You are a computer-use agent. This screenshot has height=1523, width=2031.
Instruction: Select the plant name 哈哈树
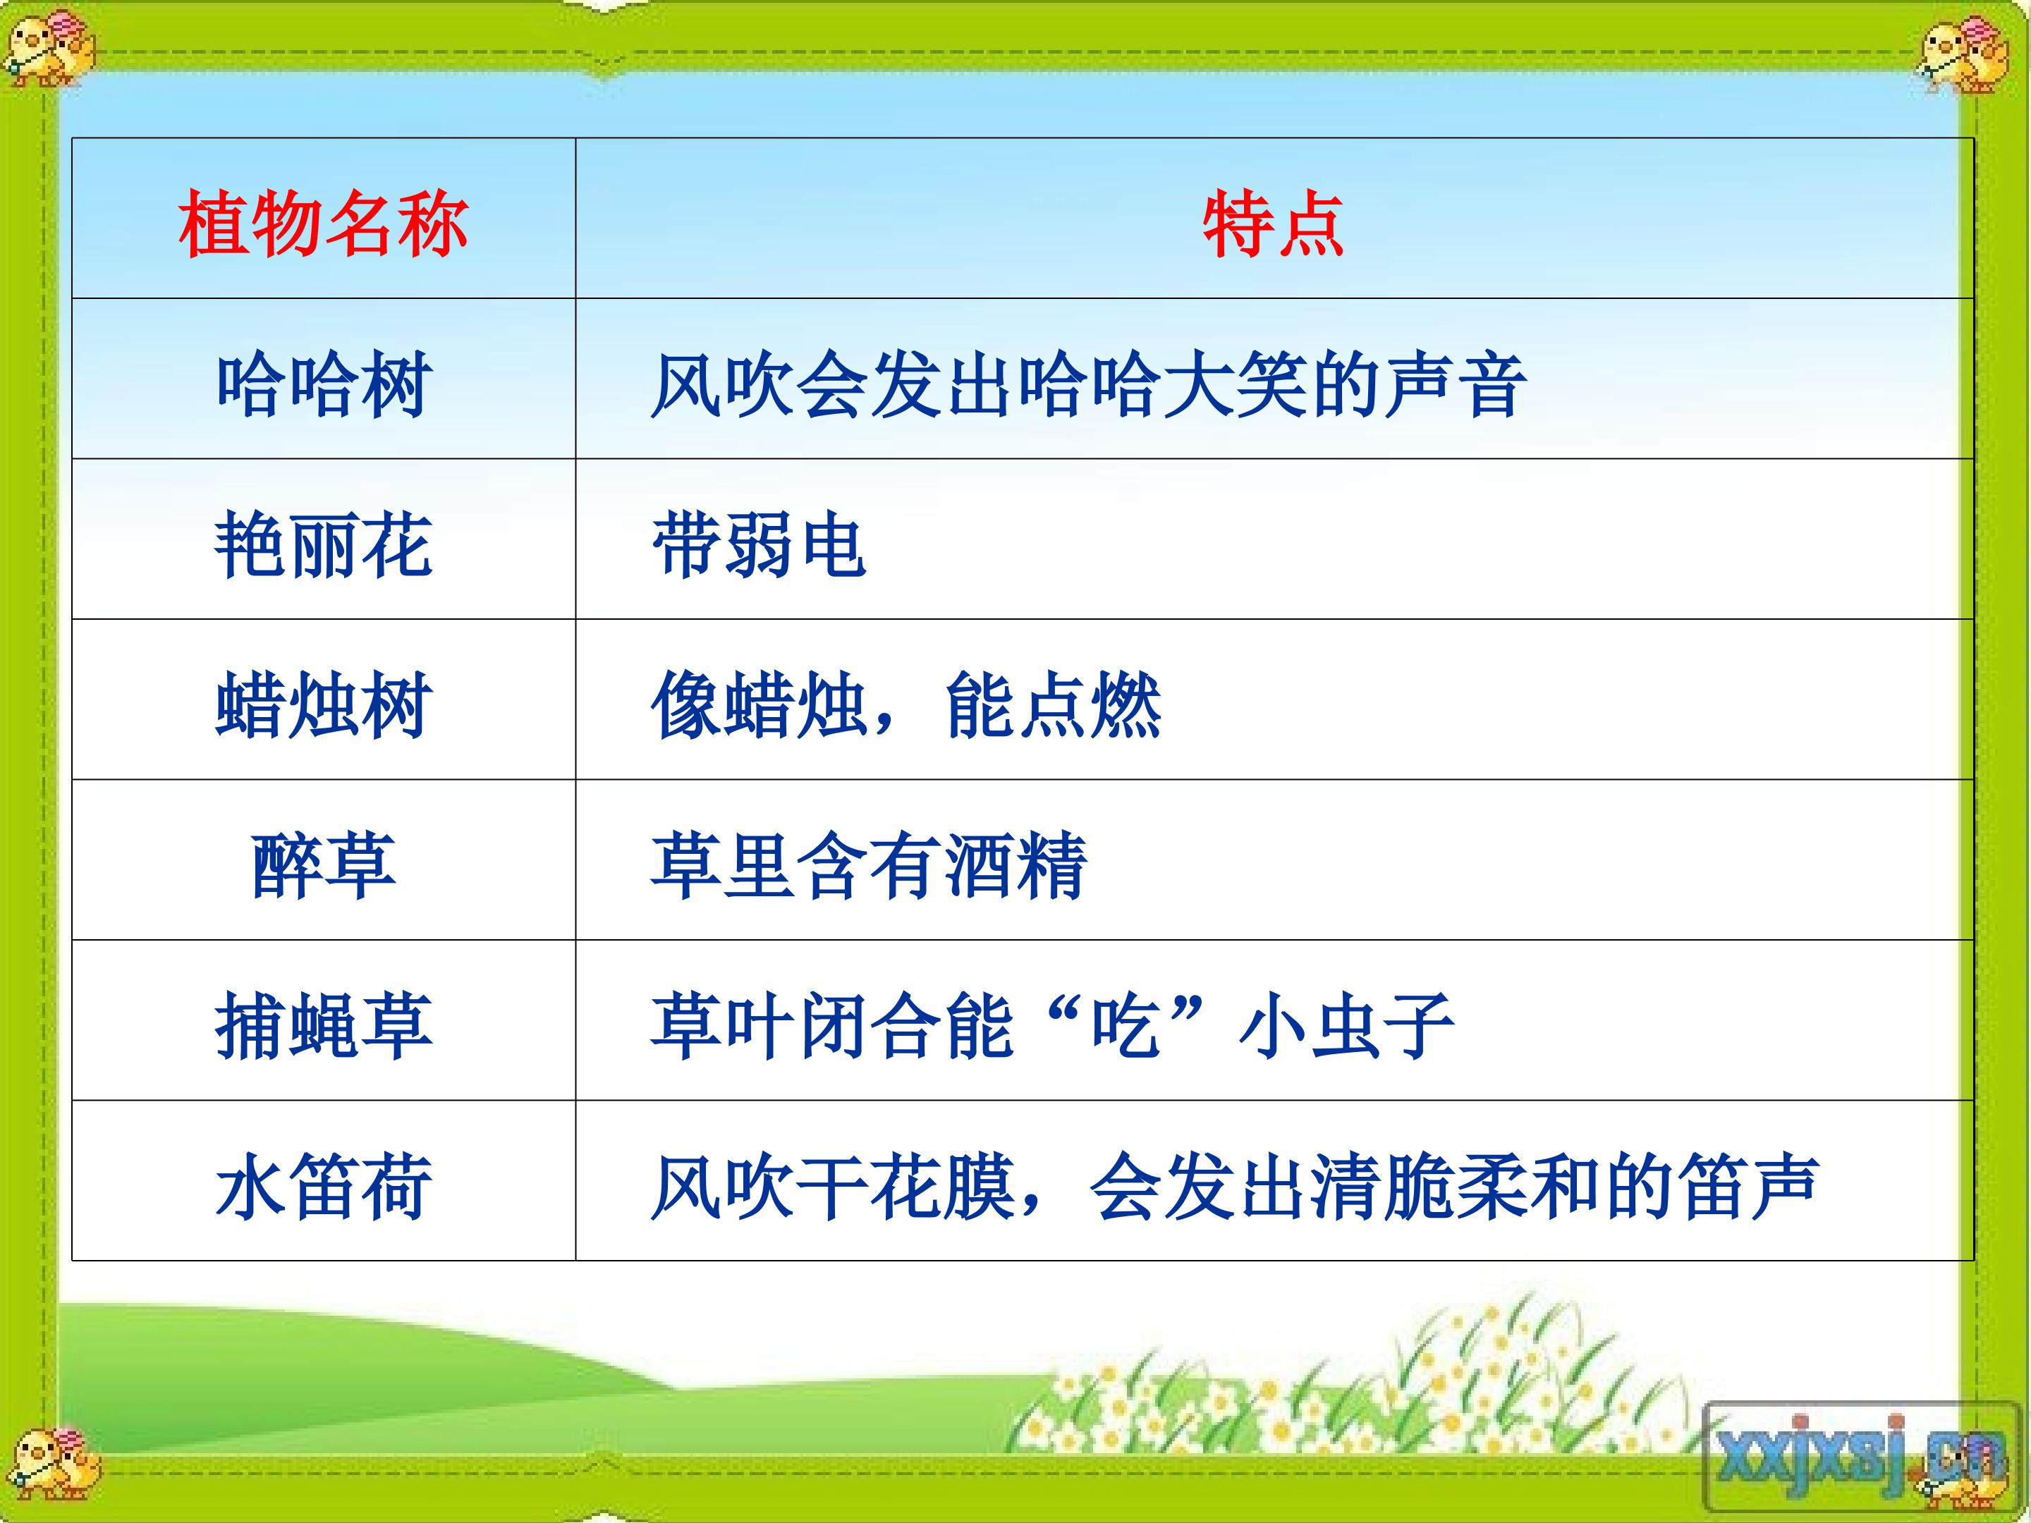323,384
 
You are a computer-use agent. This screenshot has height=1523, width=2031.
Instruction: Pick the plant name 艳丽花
323,544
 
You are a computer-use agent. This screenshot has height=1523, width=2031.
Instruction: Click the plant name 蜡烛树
323,704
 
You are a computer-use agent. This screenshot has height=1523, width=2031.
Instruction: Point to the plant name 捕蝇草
323,1025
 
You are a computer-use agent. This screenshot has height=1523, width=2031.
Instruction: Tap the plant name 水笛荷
323,1186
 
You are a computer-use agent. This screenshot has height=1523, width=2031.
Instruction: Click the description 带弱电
758,544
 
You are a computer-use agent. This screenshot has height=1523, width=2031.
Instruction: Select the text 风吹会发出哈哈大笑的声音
1088,384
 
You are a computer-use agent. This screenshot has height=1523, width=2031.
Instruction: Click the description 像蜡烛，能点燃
906,704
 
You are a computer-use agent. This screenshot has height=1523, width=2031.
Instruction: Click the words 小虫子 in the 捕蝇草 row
1346,1025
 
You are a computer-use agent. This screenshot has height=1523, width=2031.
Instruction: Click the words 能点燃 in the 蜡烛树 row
1054,704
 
